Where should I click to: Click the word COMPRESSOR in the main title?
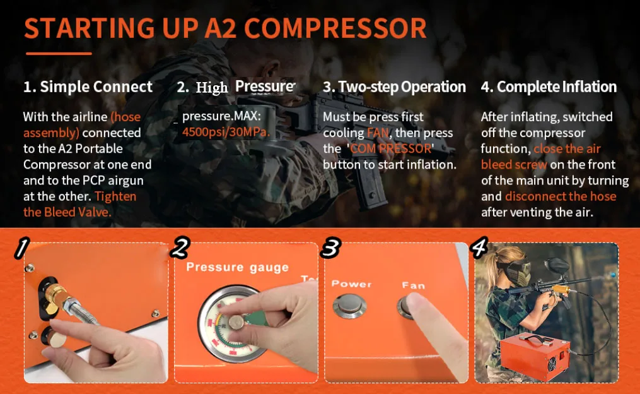[335, 28]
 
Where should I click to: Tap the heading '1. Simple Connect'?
[88, 87]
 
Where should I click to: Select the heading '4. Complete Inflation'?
[549, 87]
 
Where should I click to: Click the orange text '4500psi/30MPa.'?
[226, 132]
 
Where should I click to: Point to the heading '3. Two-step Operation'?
[394, 87]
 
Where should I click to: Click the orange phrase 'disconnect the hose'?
[561, 196]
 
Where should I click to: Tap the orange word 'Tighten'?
[115, 196]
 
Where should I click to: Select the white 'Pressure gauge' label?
[237, 267]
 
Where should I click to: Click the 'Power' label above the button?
[351, 284]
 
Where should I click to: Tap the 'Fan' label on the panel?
[413, 285]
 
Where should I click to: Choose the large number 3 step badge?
[330, 248]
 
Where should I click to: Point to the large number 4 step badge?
[479, 248]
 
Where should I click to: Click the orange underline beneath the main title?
[59, 53]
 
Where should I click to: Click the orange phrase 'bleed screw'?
[514, 164]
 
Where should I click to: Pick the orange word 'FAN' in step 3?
[378, 133]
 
